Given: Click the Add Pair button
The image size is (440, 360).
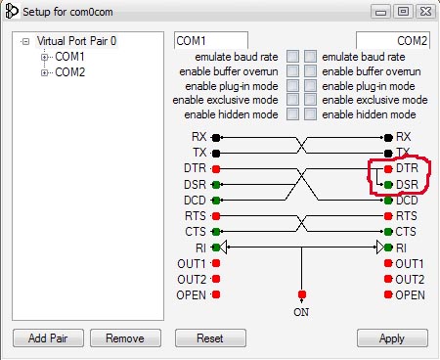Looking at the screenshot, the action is coord(48,338).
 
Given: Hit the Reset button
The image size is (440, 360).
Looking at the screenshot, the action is coord(210,338).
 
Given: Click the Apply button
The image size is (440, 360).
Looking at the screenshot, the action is coord(392,338).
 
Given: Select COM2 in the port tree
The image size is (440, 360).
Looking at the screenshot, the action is coord(69,72).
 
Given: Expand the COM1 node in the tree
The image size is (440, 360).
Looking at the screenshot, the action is coord(44,58).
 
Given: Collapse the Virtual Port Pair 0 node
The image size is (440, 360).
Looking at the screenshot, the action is coord(25,42).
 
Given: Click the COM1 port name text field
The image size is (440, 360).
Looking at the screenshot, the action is coord(211,40).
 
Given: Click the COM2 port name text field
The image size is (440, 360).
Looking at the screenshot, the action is coord(393,40).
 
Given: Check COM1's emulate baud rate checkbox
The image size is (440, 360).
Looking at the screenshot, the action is coord(292,57).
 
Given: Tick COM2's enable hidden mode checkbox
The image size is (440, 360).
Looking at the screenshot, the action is coord(310,114).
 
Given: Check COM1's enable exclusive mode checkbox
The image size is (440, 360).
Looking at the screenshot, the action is coord(292,100).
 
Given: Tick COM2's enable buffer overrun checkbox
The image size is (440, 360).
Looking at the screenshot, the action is coord(310,70).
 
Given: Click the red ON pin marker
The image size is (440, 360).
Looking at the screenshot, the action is coord(302,294).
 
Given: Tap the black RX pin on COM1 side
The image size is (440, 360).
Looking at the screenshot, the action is coord(216,138).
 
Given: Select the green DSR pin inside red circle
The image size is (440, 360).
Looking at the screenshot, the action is coord(388,185).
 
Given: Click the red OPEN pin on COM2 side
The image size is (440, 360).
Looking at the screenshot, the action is coord(388,294).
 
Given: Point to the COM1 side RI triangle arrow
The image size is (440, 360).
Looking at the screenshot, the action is coord(223,247).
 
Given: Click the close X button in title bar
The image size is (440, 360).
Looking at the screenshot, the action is coord(426,12).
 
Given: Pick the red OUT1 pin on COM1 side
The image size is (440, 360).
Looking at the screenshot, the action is coord(216,263).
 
